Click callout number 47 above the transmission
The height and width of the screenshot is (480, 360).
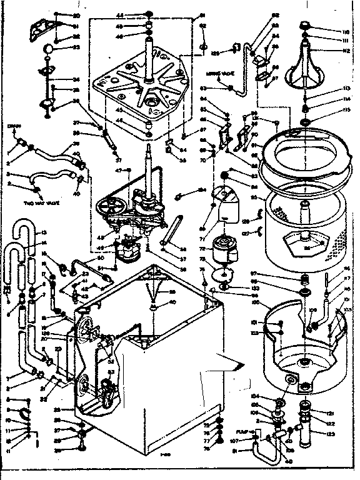point(118,169)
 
